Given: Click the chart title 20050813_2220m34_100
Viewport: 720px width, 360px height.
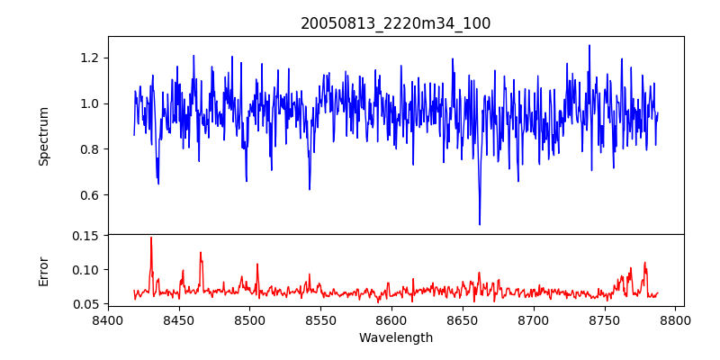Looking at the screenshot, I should (x=395, y=23).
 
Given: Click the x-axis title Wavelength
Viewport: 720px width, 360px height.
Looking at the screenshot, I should (x=395, y=337).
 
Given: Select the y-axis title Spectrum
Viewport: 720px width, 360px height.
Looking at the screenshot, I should (x=43, y=136).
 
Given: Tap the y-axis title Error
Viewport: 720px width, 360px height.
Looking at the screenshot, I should (x=43, y=270).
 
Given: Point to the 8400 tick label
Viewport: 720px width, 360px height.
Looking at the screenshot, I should (x=108, y=319).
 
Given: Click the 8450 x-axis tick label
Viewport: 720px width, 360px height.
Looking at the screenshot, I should (x=179, y=319).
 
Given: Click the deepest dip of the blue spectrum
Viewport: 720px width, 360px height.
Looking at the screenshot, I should (x=479, y=224).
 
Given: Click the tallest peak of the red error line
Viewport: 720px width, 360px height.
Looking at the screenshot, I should (x=151, y=238).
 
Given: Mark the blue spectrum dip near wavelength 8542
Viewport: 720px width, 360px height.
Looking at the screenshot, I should (x=309, y=189).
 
